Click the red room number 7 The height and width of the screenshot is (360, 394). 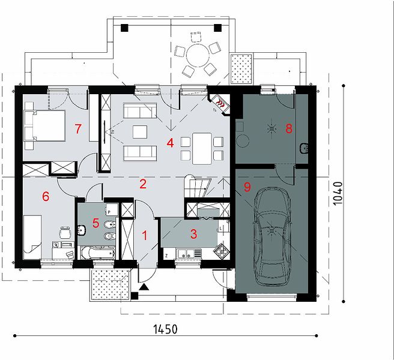tap(78, 129)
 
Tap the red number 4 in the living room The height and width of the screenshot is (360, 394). tap(170, 143)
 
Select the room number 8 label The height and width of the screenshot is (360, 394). tap(289, 128)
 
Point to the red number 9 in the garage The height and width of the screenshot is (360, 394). tap(247, 187)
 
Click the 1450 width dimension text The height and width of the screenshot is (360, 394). tap(165, 329)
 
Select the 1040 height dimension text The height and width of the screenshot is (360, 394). tap(338, 193)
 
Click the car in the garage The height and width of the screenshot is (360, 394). tap(273, 237)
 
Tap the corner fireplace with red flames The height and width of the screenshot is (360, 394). tap(219, 104)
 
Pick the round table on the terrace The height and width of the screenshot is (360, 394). tap(198, 55)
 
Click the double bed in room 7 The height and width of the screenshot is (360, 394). tap(45, 125)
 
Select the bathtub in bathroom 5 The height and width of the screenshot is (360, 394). tap(98, 253)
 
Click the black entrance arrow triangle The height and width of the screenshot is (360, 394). tap(144, 287)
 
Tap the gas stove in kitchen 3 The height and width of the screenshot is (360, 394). tap(222, 251)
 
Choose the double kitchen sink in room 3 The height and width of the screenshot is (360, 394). tap(189, 253)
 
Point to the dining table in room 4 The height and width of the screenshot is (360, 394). tap(202, 149)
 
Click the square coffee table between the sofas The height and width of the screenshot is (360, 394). tap(140, 132)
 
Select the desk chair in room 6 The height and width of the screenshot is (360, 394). tap(65, 232)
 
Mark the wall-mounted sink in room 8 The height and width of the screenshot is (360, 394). tap(304, 148)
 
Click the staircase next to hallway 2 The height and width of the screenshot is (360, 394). tap(197, 186)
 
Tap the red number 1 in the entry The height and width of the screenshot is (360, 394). tap(145, 236)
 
